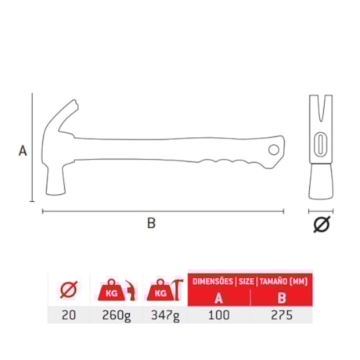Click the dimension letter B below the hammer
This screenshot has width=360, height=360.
(151, 223)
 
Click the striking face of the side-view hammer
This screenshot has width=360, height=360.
(54, 192)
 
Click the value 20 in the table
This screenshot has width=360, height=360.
(70, 315)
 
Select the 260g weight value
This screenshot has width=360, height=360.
(117, 315)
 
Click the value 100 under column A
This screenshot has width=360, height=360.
(221, 315)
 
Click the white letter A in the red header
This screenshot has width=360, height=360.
(220, 297)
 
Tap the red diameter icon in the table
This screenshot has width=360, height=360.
(70, 290)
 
